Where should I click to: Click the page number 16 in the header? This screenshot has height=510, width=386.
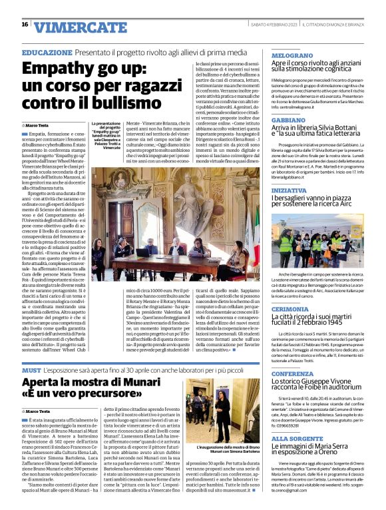point(25,25)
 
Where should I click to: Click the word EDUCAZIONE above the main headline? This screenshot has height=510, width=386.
point(47,52)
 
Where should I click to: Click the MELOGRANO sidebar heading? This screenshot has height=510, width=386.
point(292,56)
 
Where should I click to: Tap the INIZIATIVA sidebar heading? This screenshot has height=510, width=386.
point(289,190)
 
